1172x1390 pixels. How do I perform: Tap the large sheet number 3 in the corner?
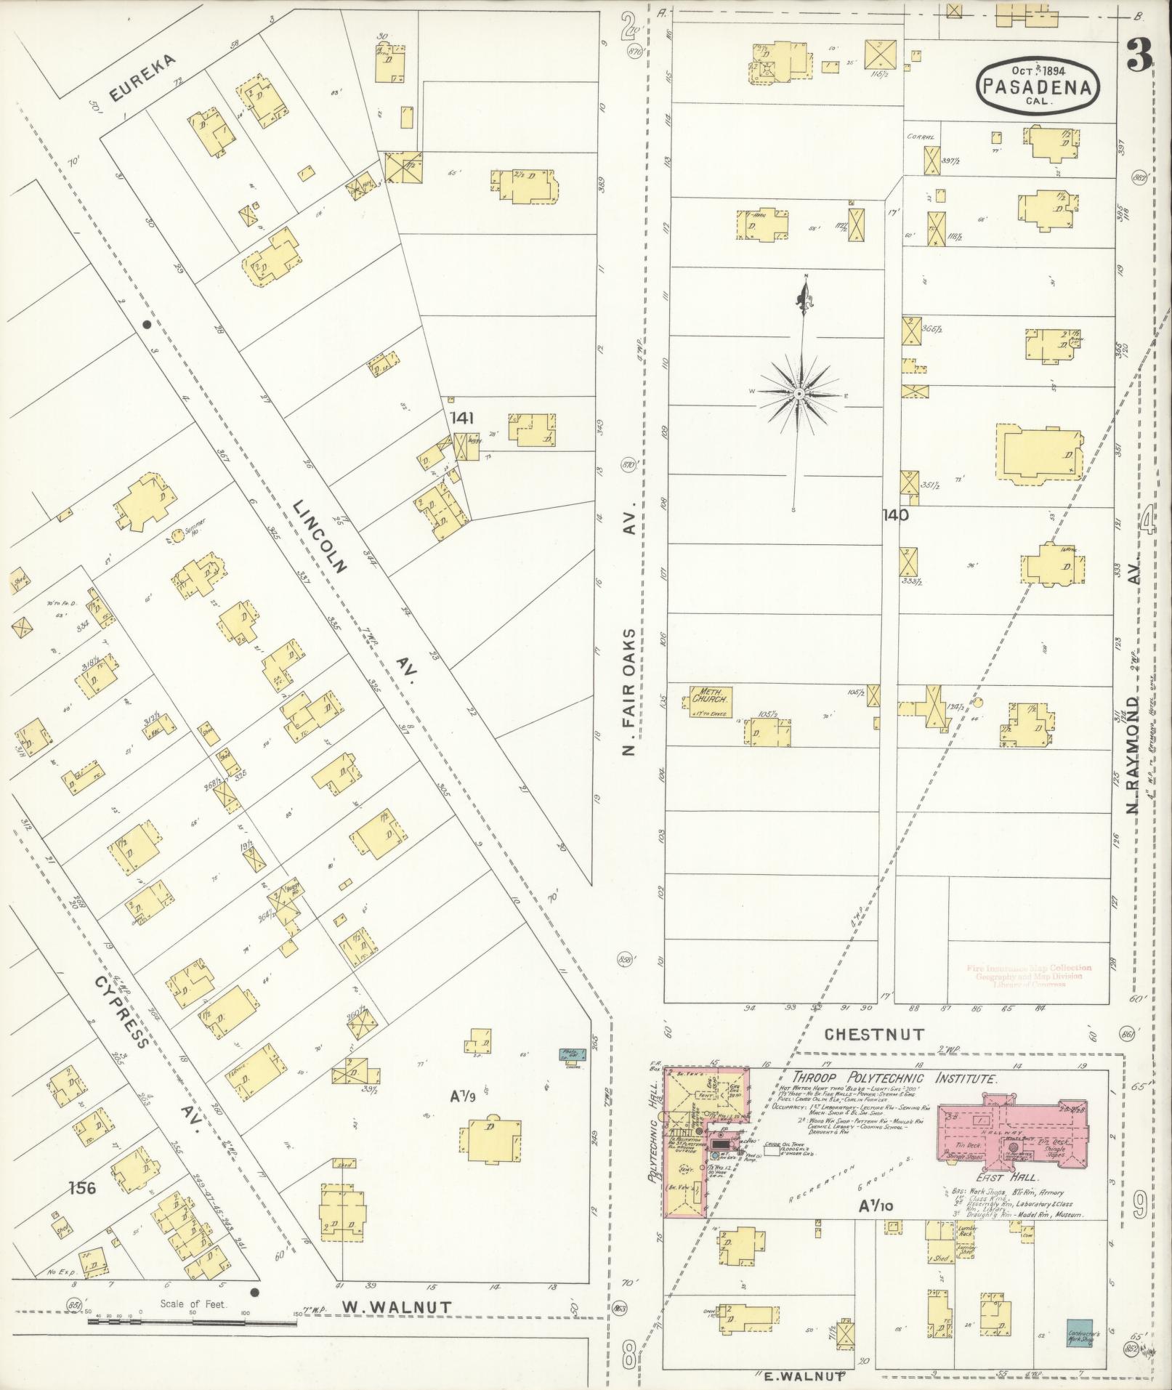[x=1139, y=54]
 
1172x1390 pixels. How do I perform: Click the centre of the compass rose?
[x=799, y=393]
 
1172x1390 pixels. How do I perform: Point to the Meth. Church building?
[x=708, y=700]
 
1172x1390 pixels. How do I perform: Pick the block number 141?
[x=461, y=418]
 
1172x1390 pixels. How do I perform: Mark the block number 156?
[x=82, y=1189]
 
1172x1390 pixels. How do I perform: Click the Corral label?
[x=920, y=137]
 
